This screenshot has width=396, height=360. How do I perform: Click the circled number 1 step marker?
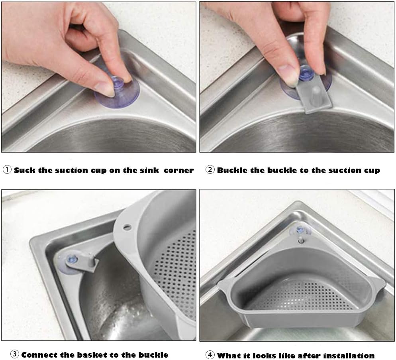7,169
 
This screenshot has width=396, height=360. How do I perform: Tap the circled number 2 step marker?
210,169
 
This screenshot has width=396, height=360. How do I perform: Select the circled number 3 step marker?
14,354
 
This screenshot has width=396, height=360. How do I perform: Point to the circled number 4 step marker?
210,355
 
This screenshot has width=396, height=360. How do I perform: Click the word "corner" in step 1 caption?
178,170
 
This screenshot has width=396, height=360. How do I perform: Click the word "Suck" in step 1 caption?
24,170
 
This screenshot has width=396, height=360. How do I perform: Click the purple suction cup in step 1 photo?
117,91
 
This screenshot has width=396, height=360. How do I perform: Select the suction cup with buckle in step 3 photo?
76,263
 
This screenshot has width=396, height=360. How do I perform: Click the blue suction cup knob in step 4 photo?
300,230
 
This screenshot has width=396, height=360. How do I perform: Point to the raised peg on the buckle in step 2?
316,94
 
